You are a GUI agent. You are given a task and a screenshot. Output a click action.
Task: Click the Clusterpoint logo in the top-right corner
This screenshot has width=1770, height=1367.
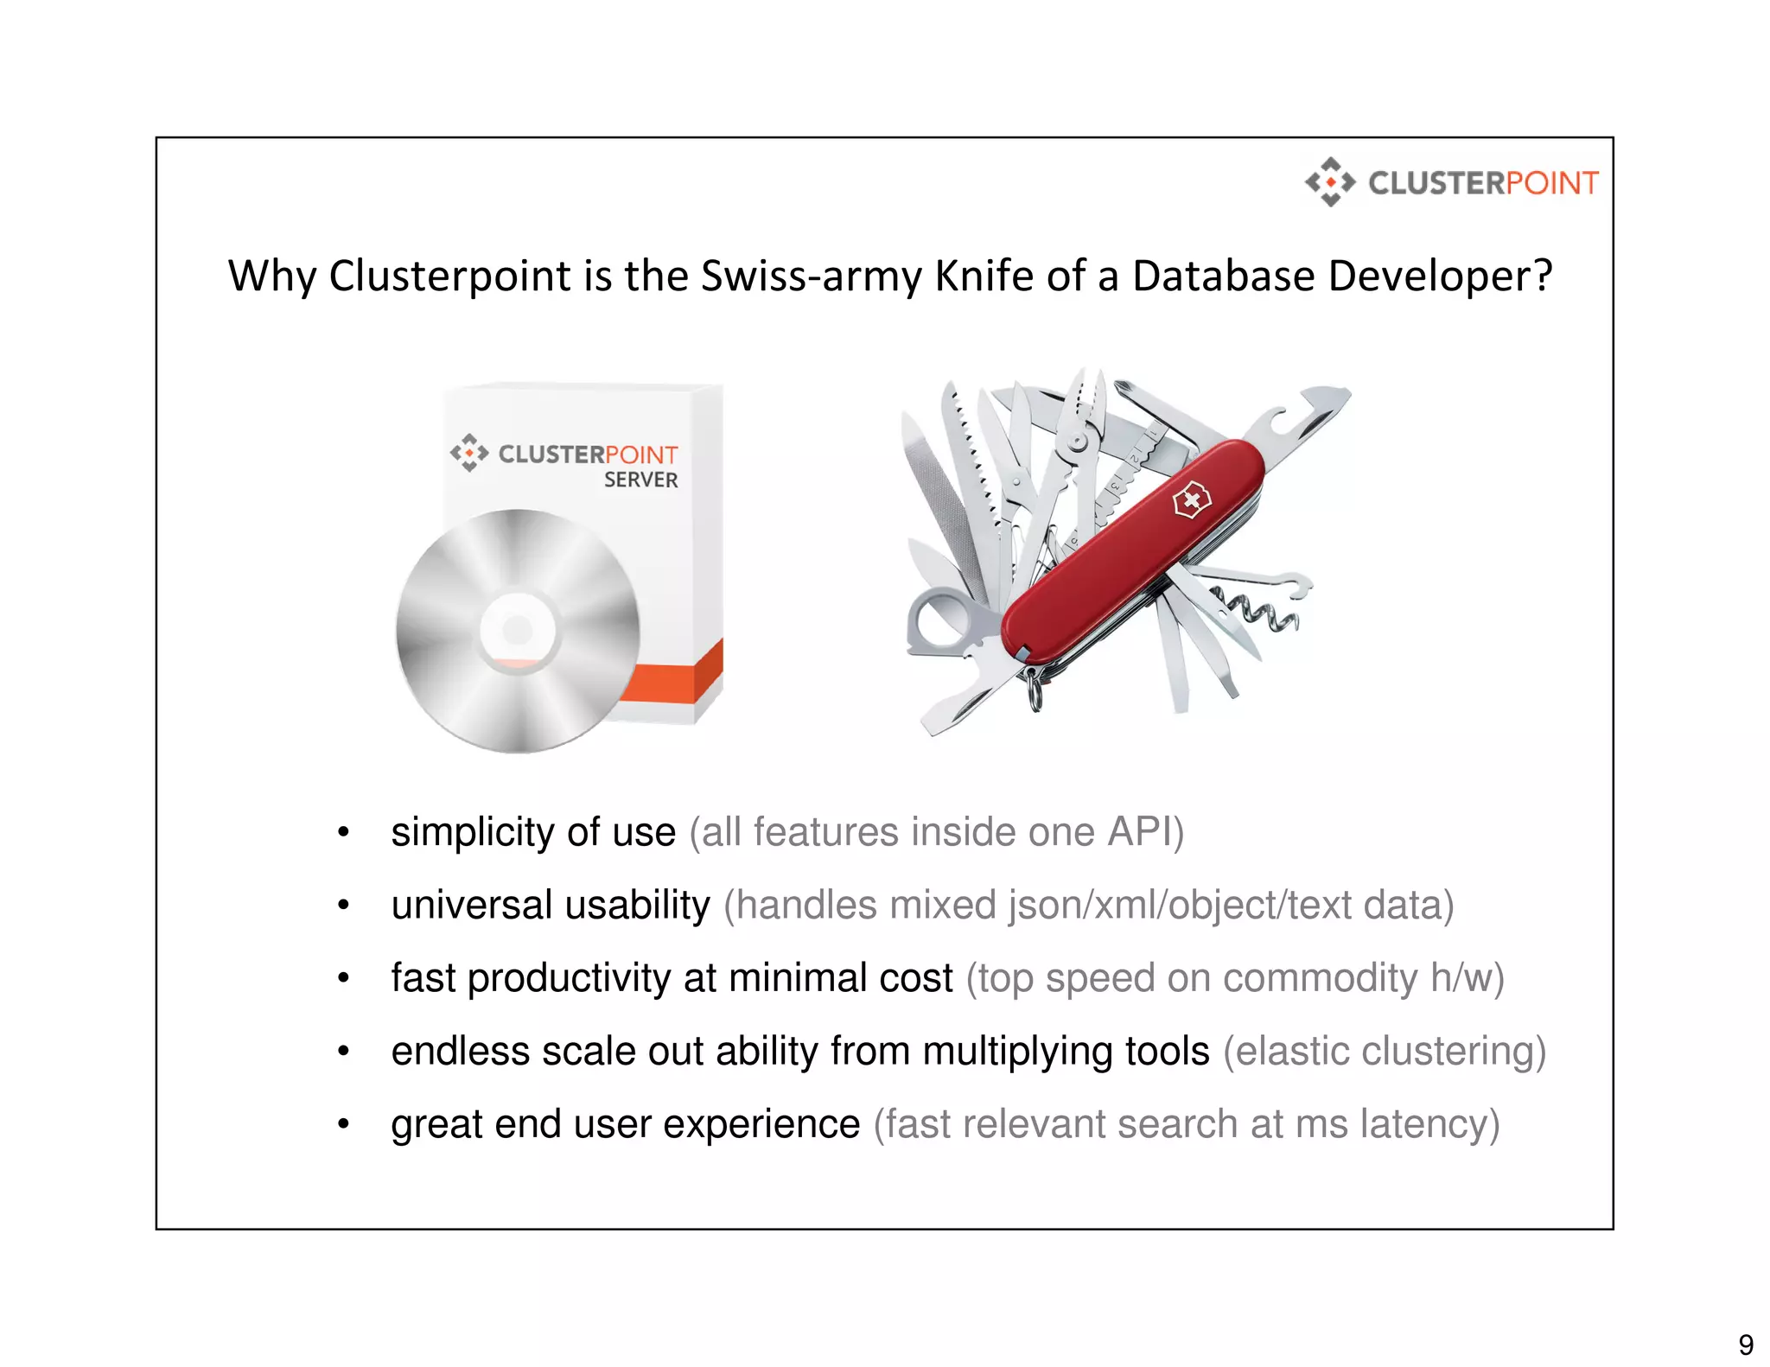(1451, 182)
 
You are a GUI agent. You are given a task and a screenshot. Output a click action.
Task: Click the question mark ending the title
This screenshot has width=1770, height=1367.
(1543, 277)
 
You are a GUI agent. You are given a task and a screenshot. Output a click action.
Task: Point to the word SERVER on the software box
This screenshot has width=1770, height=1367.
(640, 480)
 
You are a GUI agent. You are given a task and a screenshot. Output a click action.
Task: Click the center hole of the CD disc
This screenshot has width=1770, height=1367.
(518, 630)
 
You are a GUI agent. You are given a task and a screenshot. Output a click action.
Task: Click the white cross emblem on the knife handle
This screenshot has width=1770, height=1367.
(1191, 500)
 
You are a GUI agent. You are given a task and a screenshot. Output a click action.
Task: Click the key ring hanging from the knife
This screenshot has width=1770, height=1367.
(1035, 690)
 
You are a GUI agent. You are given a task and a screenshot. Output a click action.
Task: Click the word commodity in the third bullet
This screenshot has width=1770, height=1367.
(1320, 978)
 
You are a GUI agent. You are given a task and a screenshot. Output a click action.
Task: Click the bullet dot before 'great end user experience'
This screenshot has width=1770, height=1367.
(343, 1124)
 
